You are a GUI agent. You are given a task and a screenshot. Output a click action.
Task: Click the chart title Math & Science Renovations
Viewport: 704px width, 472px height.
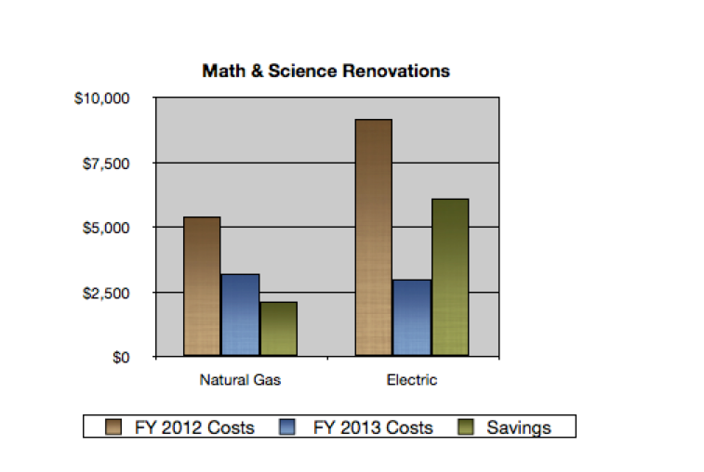click(325, 72)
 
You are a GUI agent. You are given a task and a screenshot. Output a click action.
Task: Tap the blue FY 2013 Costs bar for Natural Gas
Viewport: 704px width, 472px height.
click(240, 315)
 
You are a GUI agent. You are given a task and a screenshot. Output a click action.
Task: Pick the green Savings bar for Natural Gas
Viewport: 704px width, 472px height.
click(278, 329)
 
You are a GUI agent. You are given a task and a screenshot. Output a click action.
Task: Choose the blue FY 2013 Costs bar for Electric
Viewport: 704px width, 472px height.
click(411, 318)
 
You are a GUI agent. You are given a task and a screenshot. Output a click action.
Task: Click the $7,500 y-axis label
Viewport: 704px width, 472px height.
click(106, 164)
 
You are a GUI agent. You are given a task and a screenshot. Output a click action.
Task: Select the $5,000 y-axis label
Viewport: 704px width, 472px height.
click(106, 228)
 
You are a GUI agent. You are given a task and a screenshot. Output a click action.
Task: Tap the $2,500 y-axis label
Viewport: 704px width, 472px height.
click(106, 293)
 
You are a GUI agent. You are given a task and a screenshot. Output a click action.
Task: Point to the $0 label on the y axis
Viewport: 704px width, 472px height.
click(121, 358)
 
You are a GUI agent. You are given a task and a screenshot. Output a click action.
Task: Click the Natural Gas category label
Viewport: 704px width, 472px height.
click(240, 380)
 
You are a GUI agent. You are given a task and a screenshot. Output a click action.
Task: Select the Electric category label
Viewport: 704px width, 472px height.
click(411, 380)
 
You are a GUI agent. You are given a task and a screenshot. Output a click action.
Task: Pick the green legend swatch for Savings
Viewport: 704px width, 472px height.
click(468, 427)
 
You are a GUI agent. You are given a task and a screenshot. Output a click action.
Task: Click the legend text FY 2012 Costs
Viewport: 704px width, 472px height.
click(194, 427)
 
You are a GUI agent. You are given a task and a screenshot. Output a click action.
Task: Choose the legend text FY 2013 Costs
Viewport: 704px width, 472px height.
click(373, 427)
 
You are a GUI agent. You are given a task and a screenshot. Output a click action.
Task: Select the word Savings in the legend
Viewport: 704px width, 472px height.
click(519, 427)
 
